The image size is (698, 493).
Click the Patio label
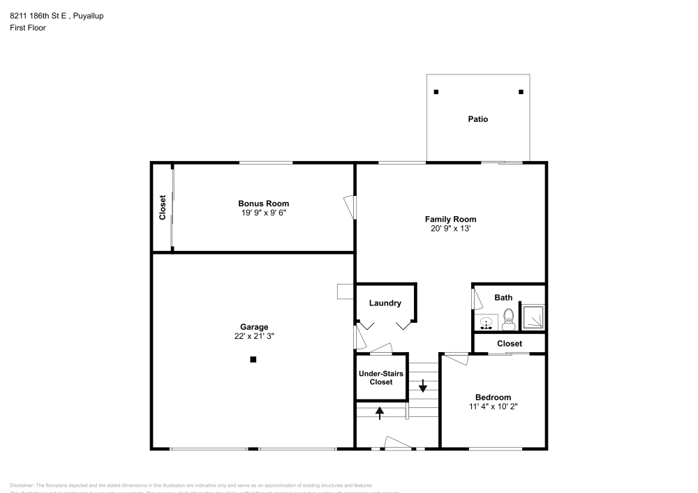[478, 119]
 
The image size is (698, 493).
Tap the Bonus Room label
[263, 204]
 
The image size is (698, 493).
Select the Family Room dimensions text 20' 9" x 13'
[450, 228]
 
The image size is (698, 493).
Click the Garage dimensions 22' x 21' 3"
[254, 335]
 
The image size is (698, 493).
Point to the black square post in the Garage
[253, 360]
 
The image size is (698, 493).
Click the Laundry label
[385, 303]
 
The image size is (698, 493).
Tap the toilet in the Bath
[509, 319]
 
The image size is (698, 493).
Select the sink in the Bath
[487, 323]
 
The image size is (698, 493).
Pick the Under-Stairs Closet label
[381, 378]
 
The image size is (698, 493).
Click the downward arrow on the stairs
[423, 385]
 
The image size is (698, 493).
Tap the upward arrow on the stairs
[380, 413]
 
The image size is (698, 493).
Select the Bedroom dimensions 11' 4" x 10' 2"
[493, 406]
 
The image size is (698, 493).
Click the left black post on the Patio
[436, 92]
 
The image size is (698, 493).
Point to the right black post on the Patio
[521, 92]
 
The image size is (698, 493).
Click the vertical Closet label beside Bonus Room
[163, 207]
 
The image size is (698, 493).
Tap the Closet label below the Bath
[510, 344]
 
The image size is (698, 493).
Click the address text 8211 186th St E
[38, 15]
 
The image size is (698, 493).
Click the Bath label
[503, 298]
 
